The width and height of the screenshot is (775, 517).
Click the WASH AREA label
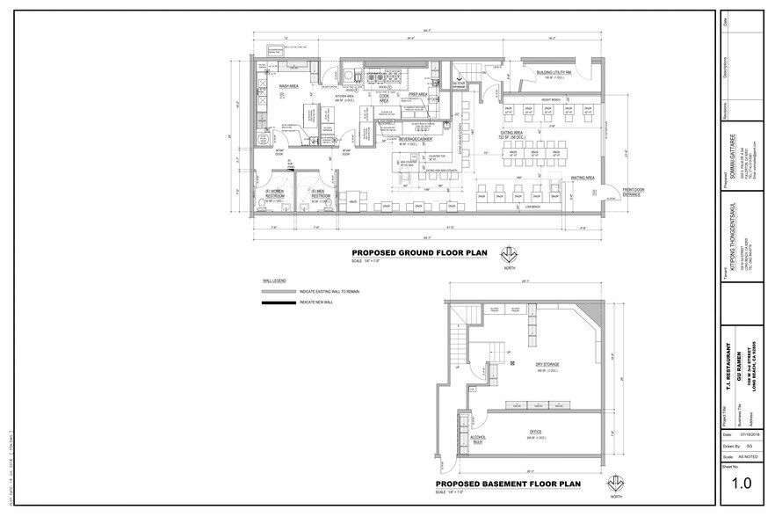point(290,87)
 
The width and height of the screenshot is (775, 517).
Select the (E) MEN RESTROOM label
point(320,194)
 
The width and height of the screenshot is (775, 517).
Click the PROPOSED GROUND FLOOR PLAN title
point(419,252)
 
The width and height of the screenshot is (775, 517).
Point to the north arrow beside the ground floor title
point(508,256)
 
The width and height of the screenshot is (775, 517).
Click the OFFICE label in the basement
point(534,432)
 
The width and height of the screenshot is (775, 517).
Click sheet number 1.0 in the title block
point(742,482)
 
